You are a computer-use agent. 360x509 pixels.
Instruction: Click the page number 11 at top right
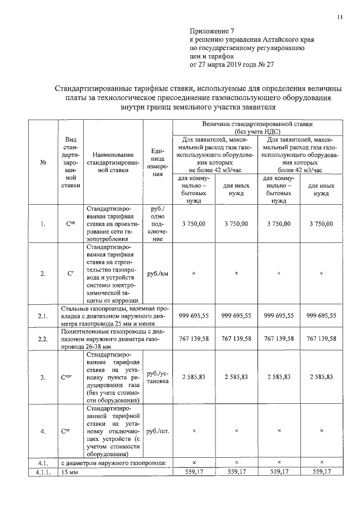[340, 17]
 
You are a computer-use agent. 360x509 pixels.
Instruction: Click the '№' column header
[43, 163]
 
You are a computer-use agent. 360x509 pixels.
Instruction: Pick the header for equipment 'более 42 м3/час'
[300, 154]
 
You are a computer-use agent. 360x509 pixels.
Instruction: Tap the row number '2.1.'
[43, 316]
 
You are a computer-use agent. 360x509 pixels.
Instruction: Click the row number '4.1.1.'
[43, 471]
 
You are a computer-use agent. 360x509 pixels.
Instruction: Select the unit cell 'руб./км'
[157, 273]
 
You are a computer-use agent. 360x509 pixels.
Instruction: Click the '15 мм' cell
[70, 471]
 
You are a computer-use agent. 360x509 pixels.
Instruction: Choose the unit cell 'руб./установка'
[157, 377]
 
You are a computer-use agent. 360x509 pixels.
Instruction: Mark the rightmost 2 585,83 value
[321, 377]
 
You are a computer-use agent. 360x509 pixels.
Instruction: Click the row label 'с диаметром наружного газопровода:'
[114, 462]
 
